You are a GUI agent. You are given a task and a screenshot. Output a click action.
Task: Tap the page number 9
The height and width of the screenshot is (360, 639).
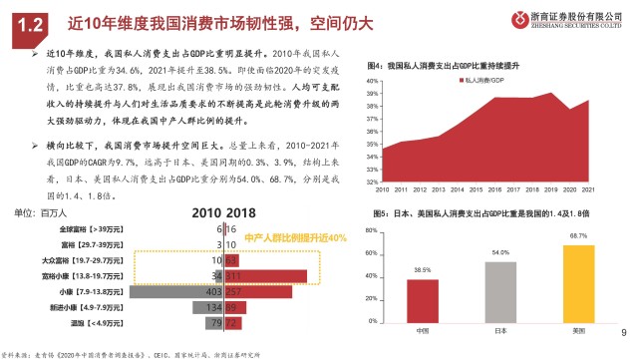pos(624,334)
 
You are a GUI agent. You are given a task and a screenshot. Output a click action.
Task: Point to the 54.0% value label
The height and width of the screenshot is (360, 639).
pos(500,253)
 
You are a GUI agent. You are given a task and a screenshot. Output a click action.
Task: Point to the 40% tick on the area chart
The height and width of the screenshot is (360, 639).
pos(371,81)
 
